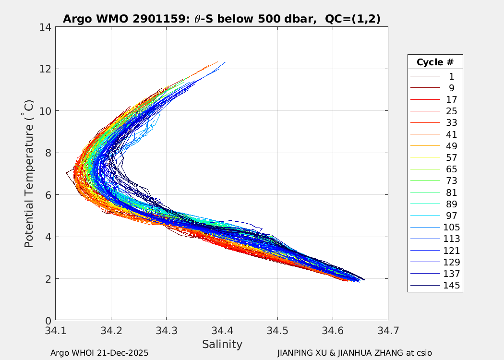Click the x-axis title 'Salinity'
tap(222, 344)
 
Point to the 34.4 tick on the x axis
tap(222, 331)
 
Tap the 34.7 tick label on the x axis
tap(388, 331)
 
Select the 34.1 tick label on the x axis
tap(56, 331)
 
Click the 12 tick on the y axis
tap(47, 69)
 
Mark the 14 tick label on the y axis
tap(47, 27)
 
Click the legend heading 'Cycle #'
tap(435, 62)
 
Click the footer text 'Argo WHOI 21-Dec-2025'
tap(99, 353)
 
